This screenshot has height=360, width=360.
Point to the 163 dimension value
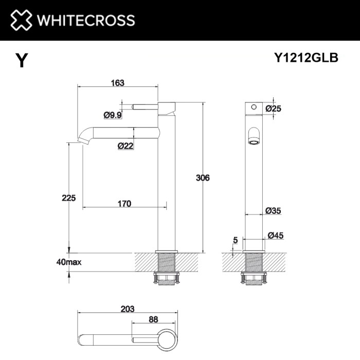tap(118, 83)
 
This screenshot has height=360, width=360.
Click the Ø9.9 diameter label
tap(113, 115)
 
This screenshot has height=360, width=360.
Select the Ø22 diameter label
tap(126, 146)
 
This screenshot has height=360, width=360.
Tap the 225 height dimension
tap(68, 197)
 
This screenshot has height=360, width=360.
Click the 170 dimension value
tap(124, 204)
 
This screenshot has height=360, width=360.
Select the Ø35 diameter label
tap(273, 210)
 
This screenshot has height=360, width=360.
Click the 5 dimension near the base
tap(235, 239)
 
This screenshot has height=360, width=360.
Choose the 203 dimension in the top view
tap(128, 309)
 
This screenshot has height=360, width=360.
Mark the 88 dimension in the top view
tap(153, 319)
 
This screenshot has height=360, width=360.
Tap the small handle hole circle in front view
tap(253, 108)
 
